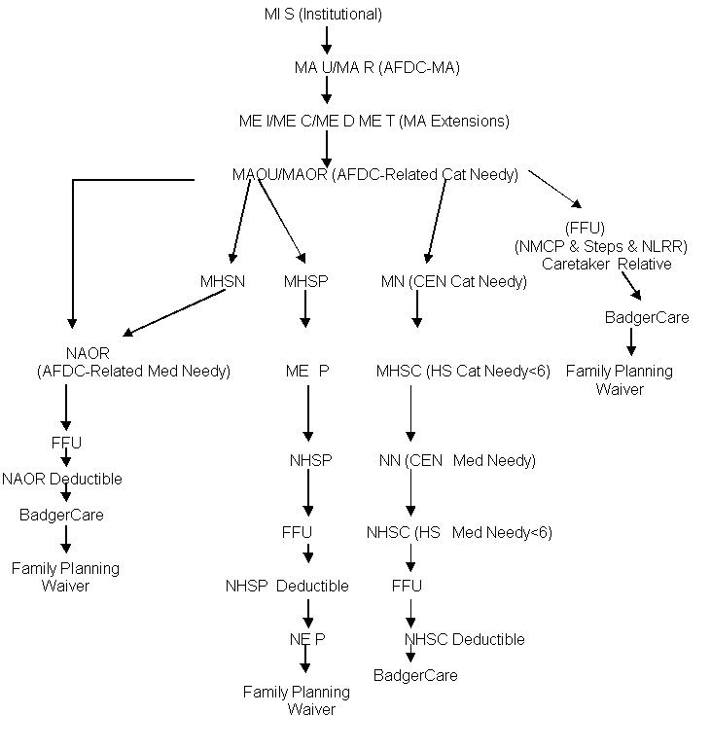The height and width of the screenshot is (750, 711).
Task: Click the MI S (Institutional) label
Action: point(323,14)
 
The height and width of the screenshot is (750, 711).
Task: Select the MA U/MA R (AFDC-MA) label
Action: point(376,67)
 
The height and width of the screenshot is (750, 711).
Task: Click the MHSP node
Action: point(304,282)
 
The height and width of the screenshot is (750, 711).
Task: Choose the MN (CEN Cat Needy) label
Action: point(453,282)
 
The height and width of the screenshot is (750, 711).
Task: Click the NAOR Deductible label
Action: point(62,479)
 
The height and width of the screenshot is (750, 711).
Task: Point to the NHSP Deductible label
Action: point(287,586)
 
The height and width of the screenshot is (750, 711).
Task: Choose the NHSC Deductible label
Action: point(464,639)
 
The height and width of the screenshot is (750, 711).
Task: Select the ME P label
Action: point(307,371)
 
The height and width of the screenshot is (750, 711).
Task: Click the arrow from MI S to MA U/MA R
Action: point(327,40)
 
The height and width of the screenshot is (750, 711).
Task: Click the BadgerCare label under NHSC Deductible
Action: point(415,675)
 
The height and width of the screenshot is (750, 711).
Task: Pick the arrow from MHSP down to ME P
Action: point(305,309)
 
